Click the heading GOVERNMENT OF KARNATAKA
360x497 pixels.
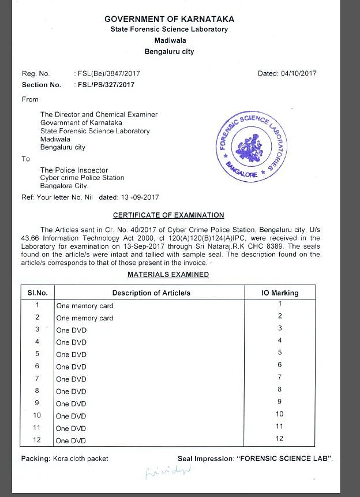169,19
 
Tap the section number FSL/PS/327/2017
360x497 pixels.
106,85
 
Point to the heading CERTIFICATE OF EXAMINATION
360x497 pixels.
168,215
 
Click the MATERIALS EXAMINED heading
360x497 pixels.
168,275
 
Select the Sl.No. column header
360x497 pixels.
37,293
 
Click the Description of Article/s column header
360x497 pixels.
151,293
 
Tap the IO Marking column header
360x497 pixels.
280,293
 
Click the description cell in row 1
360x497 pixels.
85,306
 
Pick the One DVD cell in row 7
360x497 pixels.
71,379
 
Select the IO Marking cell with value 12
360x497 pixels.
280,439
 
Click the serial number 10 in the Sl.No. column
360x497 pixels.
37,415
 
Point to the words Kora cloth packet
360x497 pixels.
82,459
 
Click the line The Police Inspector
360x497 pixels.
74,170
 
